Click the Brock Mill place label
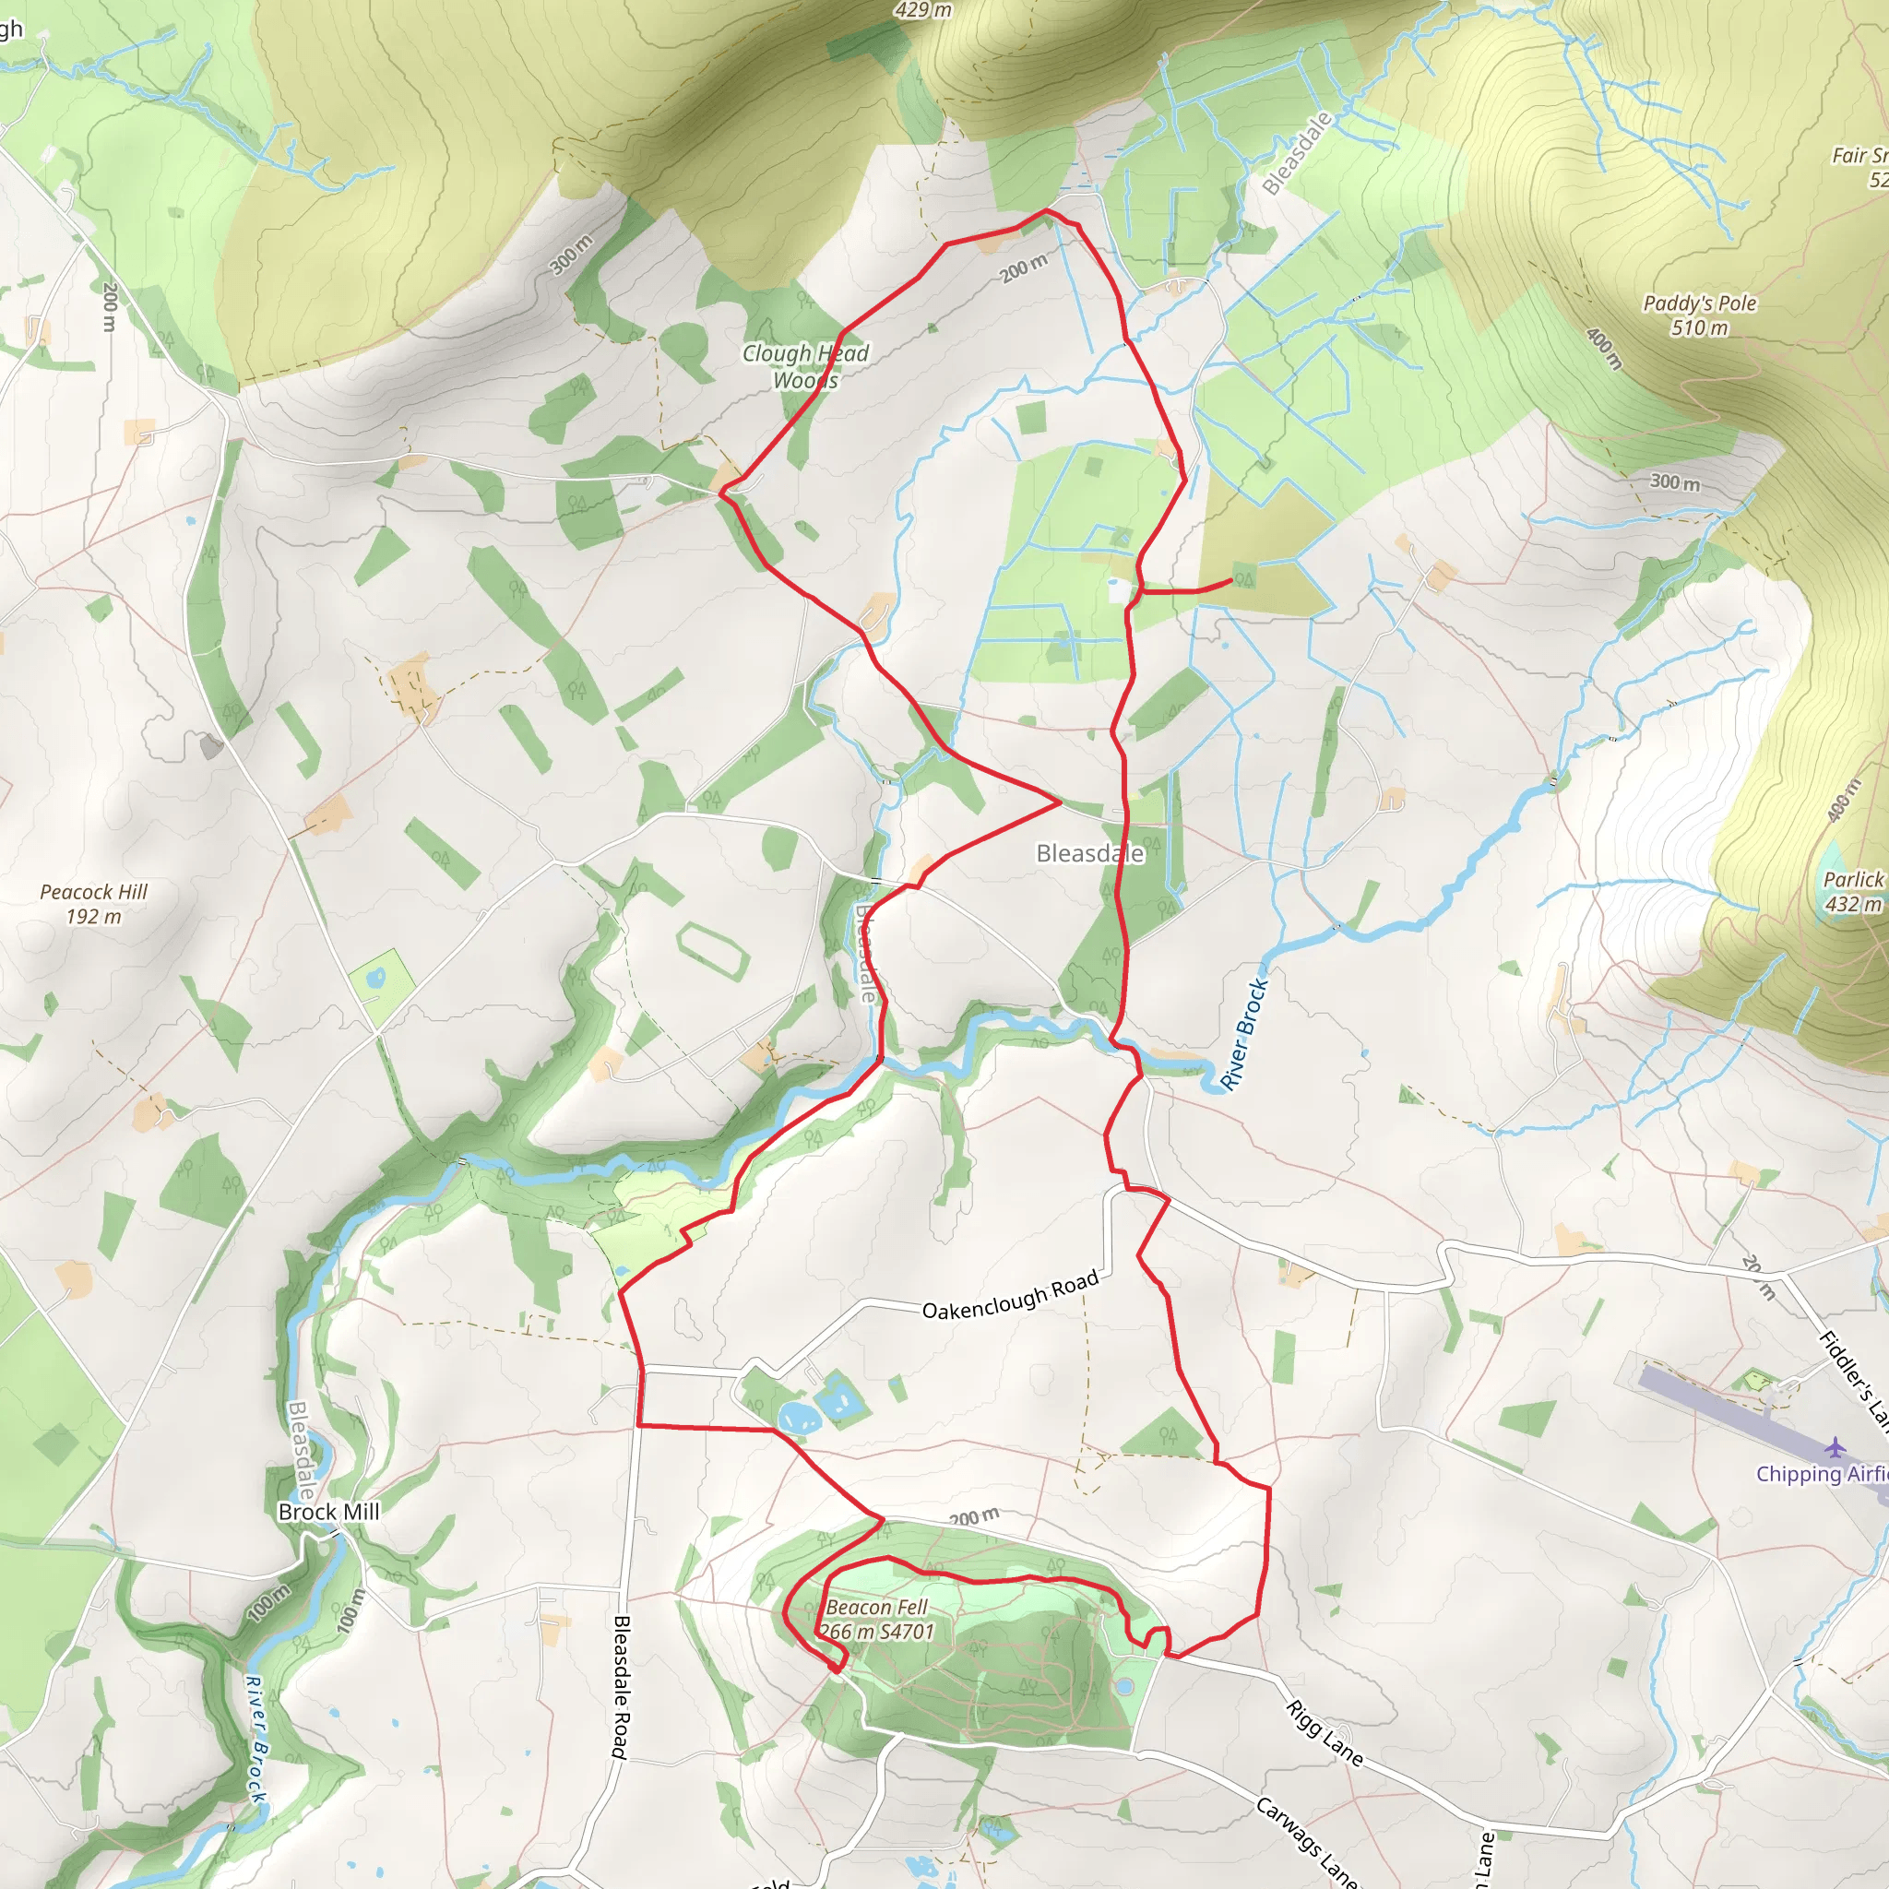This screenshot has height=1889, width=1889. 328,1512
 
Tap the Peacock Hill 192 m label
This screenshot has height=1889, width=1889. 94,903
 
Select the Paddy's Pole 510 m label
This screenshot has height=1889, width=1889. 1699,315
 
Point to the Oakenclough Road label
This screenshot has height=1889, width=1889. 1010,1296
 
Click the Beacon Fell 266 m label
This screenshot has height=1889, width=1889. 877,1619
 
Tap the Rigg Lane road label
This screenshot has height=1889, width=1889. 1324,1732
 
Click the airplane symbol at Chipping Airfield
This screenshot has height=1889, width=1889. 1836,1446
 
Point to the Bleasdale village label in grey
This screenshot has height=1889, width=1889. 1089,853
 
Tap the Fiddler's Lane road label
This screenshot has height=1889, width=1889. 1853,1379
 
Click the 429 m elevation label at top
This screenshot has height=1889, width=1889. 922,10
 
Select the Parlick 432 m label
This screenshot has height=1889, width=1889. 1853,892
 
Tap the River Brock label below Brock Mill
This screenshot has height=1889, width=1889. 255,1739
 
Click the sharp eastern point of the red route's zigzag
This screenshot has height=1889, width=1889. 1060,802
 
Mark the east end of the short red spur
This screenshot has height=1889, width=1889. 1230,582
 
